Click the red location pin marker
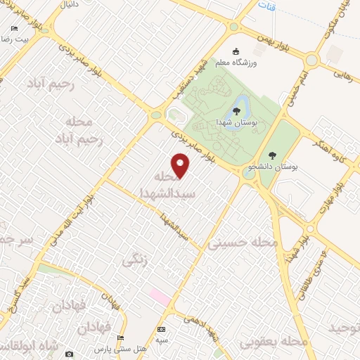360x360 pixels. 181,166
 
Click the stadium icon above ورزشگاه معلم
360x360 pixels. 237,51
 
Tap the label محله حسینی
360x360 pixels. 243,243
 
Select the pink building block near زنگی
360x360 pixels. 159,296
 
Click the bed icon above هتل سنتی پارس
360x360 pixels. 121,338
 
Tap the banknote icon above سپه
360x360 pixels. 162,330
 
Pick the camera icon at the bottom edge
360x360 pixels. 69,354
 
